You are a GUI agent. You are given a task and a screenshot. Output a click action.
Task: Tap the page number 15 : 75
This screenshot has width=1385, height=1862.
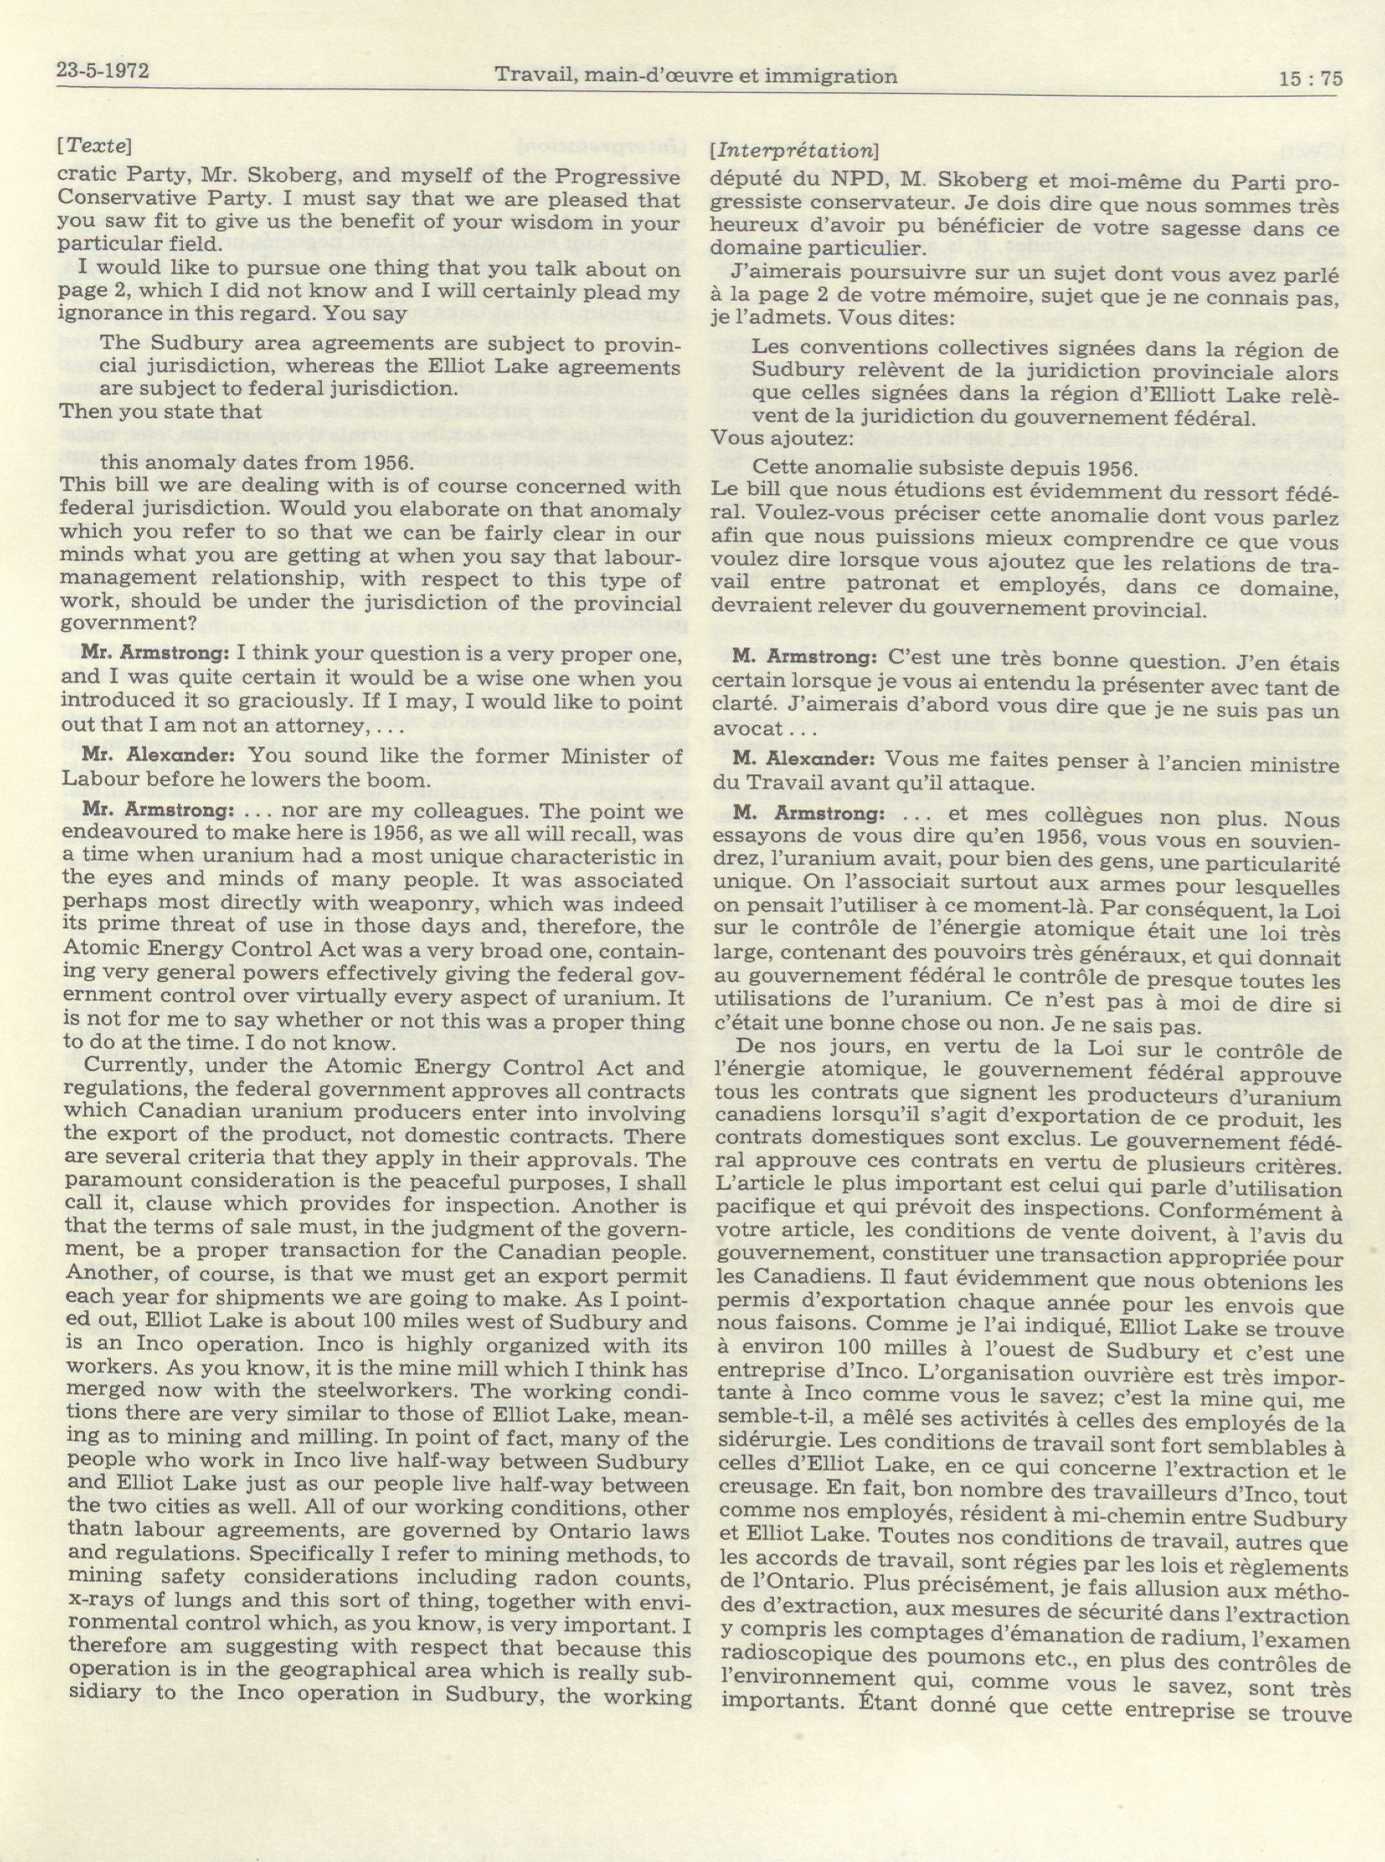click(x=1311, y=79)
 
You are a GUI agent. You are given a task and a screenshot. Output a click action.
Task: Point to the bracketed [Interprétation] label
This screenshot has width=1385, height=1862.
click(x=793, y=151)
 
